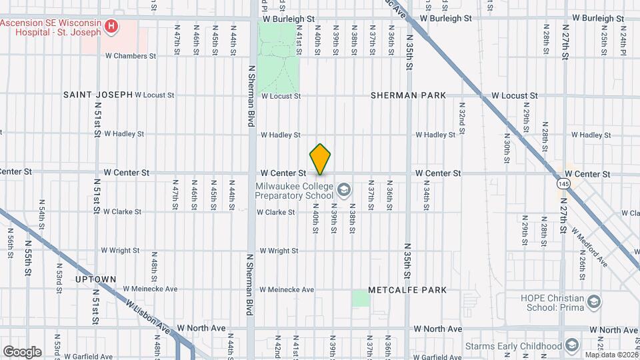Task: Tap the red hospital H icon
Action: click(111, 27)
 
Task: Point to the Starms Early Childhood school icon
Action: click(571, 345)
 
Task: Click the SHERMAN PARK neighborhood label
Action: click(409, 95)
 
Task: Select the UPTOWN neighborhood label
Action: click(96, 279)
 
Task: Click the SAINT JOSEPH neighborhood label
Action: click(98, 95)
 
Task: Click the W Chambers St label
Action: click(131, 56)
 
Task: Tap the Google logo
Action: click(22, 351)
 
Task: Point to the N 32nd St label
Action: click(461, 116)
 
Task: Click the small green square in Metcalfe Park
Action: click(361, 297)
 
